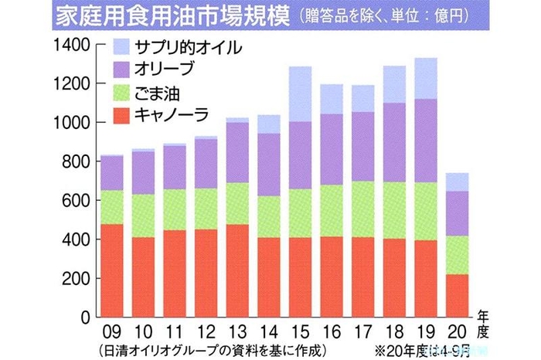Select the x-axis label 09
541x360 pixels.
[111, 330]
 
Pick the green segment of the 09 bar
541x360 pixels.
[111, 207]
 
